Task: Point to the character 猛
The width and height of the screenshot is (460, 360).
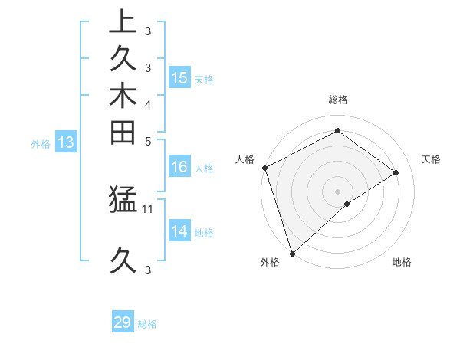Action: [123, 200]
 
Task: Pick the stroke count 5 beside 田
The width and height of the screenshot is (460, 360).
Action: [148, 140]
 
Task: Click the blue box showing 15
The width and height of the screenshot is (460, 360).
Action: [179, 77]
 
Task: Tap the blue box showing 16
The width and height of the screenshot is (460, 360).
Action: [179, 166]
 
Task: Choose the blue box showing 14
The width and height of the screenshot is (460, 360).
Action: [179, 231]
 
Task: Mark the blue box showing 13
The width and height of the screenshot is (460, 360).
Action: [66, 142]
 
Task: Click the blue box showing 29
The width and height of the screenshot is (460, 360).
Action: [123, 322]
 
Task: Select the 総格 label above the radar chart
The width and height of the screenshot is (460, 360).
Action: [337, 100]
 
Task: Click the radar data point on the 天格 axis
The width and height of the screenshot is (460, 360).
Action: [396, 172]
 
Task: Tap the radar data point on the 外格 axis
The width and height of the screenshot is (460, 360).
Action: [292, 253]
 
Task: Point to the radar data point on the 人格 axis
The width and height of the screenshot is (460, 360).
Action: [264, 168]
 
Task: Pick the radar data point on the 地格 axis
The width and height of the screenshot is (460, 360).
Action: [347, 204]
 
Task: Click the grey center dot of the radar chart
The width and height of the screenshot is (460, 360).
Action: [337, 191]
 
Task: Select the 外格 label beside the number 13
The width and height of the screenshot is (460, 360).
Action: [41, 142]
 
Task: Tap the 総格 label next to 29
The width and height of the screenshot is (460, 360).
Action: [148, 324]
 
